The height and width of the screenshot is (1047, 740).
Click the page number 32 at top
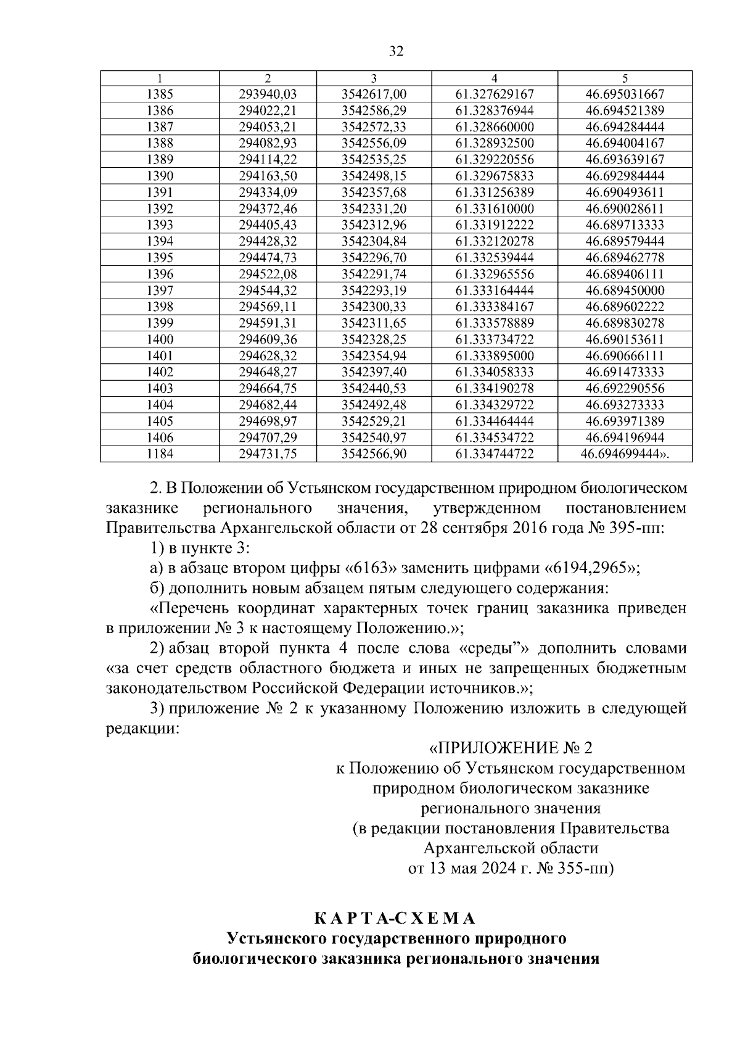[396, 51]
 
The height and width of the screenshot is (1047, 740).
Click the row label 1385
[160, 94]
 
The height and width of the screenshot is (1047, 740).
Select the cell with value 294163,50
[268, 176]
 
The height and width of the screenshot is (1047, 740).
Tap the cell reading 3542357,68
[374, 192]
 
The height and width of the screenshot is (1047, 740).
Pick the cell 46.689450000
[625, 291]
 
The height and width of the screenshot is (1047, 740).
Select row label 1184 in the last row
[160, 454]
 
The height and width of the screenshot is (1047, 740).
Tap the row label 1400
[160, 339]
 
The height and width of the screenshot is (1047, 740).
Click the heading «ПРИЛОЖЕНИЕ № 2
[510, 748]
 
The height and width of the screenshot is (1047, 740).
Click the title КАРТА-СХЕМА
[395, 919]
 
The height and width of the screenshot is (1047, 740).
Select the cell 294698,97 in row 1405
[268, 421]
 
